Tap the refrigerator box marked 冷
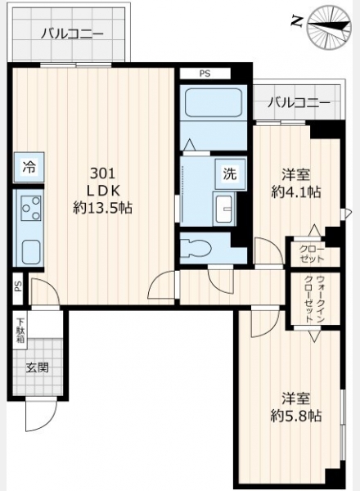pyautogui.click(x=29, y=167)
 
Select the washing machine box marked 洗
pyautogui.click(x=230, y=173)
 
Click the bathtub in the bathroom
pyautogui.click(x=214, y=102)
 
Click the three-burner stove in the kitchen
pyautogui.click(x=30, y=207)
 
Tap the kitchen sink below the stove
pyautogui.click(x=30, y=251)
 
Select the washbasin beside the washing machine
pyautogui.click(x=224, y=209)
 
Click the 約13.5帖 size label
pyautogui.click(x=102, y=208)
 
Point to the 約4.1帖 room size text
pyautogui.click(x=296, y=192)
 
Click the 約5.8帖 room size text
pyautogui.click(x=296, y=417)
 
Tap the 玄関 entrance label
pyautogui.click(x=38, y=367)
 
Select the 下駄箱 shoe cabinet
pyautogui.click(x=20, y=331)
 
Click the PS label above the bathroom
pyautogui.click(x=205, y=74)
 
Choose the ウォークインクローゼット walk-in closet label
pyautogui.click(x=314, y=299)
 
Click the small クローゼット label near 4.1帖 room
pyautogui.click(x=312, y=254)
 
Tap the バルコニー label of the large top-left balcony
pyautogui.click(x=72, y=34)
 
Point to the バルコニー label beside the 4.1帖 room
pyautogui.click(x=299, y=102)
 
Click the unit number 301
pyautogui.click(x=102, y=173)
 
